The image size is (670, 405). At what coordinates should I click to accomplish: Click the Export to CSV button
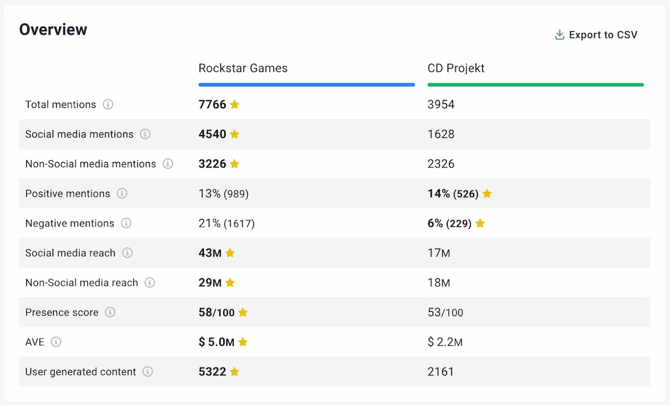tap(596, 35)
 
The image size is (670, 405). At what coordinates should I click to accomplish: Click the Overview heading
tap(53, 30)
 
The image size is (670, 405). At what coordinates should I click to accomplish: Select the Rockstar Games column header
tap(243, 68)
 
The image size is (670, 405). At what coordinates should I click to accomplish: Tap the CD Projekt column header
tap(456, 68)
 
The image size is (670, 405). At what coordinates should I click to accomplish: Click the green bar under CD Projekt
tap(535, 85)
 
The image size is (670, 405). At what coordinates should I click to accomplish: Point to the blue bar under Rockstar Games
tap(307, 85)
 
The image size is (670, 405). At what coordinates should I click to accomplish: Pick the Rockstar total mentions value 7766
tap(212, 104)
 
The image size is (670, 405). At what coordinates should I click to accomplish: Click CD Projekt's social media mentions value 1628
tap(441, 134)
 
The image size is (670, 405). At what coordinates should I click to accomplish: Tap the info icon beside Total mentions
tap(108, 104)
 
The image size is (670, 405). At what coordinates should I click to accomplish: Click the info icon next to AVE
tap(56, 342)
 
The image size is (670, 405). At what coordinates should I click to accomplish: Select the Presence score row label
tap(61, 312)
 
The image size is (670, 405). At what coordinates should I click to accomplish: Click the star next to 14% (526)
tap(487, 194)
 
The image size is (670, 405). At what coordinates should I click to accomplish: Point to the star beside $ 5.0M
tap(243, 342)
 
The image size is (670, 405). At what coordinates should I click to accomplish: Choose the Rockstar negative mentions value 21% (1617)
tap(226, 223)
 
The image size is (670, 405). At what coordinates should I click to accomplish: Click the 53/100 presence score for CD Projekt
tap(445, 312)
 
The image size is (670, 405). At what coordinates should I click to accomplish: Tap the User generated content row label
tap(80, 371)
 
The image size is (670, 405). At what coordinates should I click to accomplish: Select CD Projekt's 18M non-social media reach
tap(439, 283)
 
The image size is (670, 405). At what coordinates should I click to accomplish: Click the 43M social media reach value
tap(210, 253)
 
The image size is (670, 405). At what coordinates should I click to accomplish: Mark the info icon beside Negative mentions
tap(126, 223)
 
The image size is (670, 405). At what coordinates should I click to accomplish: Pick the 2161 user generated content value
tap(441, 371)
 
